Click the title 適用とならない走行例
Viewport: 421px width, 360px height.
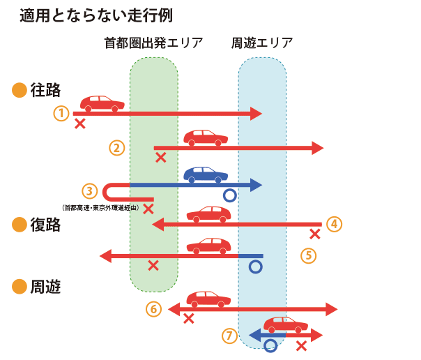(x=98, y=15)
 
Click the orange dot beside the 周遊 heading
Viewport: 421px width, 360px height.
(x=20, y=286)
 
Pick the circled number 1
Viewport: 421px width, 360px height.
(x=62, y=112)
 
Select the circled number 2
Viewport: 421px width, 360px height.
(x=117, y=147)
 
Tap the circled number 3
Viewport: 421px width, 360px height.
(x=89, y=190)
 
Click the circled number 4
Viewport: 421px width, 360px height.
(x=334, y=224)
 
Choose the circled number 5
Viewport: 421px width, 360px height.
(x=309, y=255)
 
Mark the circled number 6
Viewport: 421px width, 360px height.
(x=154, y=309)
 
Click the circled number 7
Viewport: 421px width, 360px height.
(x=229, y=336)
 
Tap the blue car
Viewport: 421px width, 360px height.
(x=206, y=173)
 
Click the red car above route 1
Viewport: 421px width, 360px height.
(x=102, y=103)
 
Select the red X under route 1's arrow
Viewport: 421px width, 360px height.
(x=80, y=123)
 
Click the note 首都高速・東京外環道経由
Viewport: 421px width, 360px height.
(x=101, y=207)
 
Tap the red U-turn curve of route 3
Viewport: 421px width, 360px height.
(x=109, y=192)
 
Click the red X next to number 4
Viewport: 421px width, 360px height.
(x=315, y=234)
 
